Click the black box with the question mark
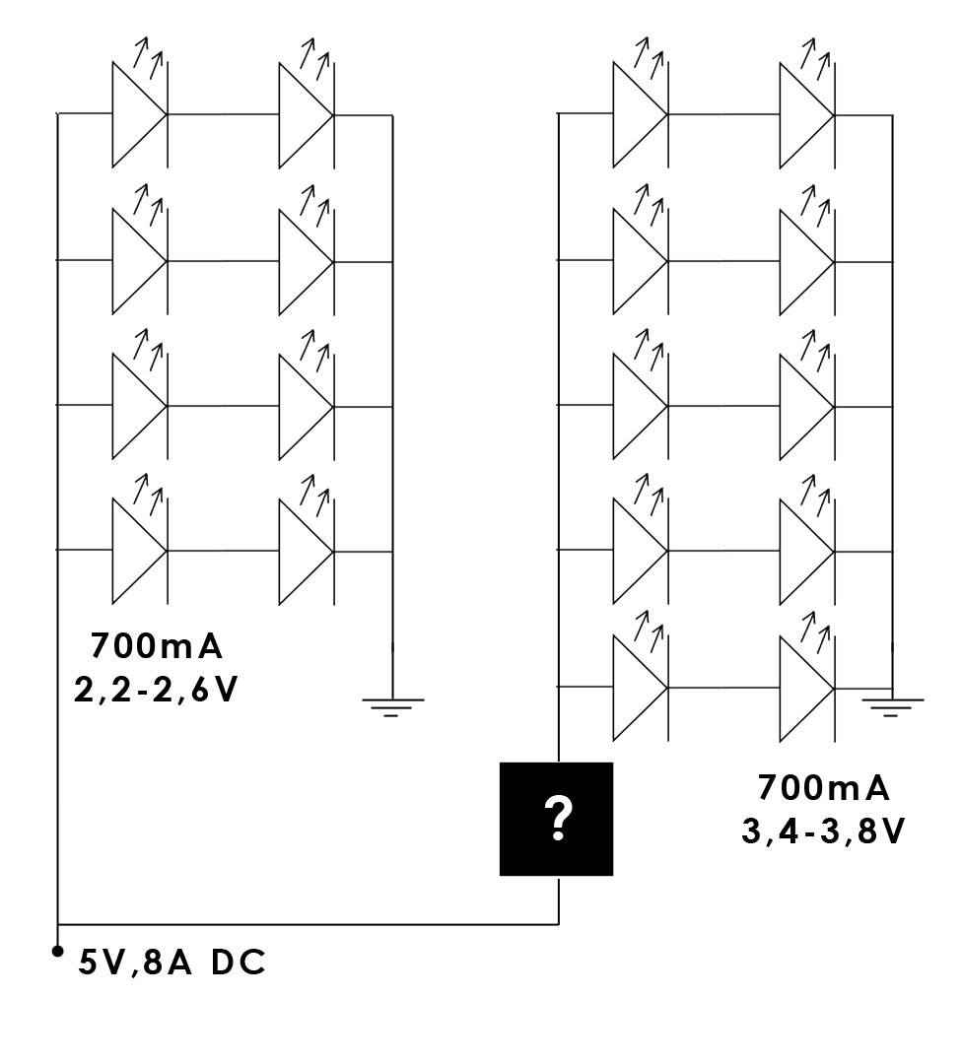pyautogui.click(x=556, y=819)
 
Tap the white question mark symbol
pyautogui.click(x=558, y=819)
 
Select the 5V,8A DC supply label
pyautogui.click(x=172, y=964)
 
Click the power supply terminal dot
pyautogui.click(x=57, y=951)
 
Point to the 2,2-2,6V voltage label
pyautogui.click(x=156, y=691)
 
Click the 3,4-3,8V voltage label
pyautogui.click(x=823, y=831)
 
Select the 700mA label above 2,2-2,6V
pyautogui.click(x=156, y=646)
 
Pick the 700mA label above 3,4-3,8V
pyautogui.click(x=823, y=788)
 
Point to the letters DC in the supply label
pyautogui.click(x=238, y=964)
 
